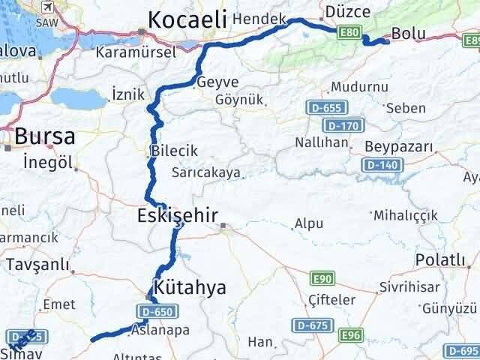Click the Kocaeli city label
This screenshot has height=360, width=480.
click(187, 20)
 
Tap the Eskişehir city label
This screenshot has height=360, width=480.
click(178, 217)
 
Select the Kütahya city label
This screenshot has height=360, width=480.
click(189, 287)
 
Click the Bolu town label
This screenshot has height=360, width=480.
click(409, 35)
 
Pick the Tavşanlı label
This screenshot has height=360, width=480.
click(37, 265)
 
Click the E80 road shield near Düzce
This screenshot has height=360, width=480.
click(349, 33)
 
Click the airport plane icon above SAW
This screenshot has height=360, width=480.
click(49, 7)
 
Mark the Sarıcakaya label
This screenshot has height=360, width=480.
click(205, 172)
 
